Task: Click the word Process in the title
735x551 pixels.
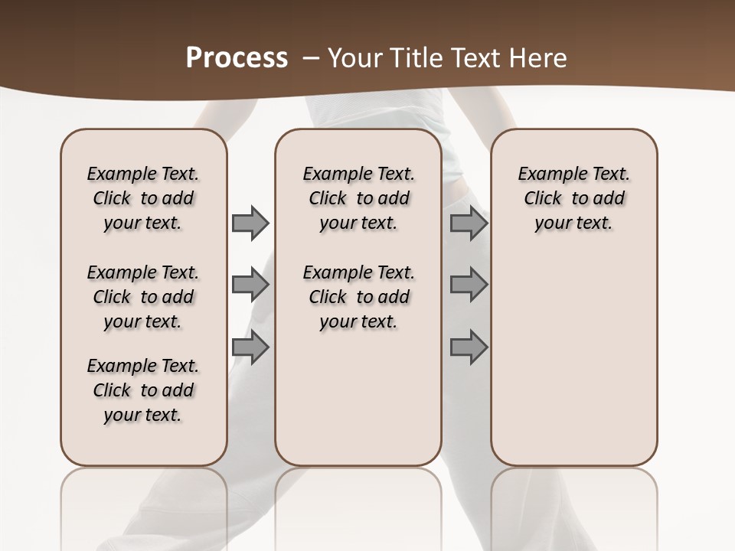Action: (x=237, y=57)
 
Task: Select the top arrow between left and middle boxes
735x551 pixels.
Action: (x=250, y=223)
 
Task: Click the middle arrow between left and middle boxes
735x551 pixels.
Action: (x=250, y=285)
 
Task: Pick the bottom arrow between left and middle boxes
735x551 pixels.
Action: (x=250, y=347)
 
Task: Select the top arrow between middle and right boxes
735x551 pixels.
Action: (x=469, y=223)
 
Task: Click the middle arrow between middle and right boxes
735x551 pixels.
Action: (x=469, y=285)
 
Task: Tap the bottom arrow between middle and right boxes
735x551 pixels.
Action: (x=469, y=347)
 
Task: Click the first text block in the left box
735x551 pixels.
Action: (x=143, y=198)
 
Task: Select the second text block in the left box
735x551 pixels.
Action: (x=143, y=297)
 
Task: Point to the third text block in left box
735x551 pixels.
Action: (x=143, y=390)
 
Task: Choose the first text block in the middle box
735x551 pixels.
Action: (x=358, y=198)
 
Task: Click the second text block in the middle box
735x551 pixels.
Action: (x=358, y=297)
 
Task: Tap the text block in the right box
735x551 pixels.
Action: (x=573, y=198)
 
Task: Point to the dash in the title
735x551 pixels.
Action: (x=311, y=57)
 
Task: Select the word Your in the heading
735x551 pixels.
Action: (x=357, y=57)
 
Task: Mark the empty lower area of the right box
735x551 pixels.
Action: (x=573, y=360)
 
